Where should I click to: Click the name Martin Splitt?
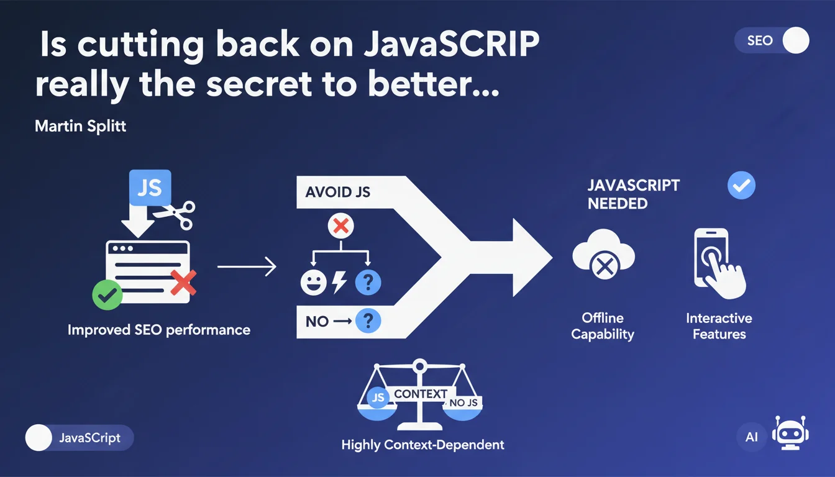coord(80,126)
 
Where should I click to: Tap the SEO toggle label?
coord(760,40)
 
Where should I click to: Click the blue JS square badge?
coord(150,188)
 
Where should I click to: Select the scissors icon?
coord(176,215)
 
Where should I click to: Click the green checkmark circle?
coord(107,295)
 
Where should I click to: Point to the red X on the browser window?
coord(183,283)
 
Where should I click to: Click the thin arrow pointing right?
coord(247,266)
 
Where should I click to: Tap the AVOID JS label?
coord(338,192)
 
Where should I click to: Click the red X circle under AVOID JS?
coord(340,226)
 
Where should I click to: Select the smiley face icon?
coord(314,283)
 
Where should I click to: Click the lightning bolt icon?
coord(339,282)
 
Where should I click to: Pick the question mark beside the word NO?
coord(368,320)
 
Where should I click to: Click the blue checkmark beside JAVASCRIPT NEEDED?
coord(741,185)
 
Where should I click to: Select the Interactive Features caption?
coord(719,326)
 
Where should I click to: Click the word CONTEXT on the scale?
coord(421,394)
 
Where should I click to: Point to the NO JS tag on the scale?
coord(463,402)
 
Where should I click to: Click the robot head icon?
coord(791,433)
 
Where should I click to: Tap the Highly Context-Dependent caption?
coord(422,445)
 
